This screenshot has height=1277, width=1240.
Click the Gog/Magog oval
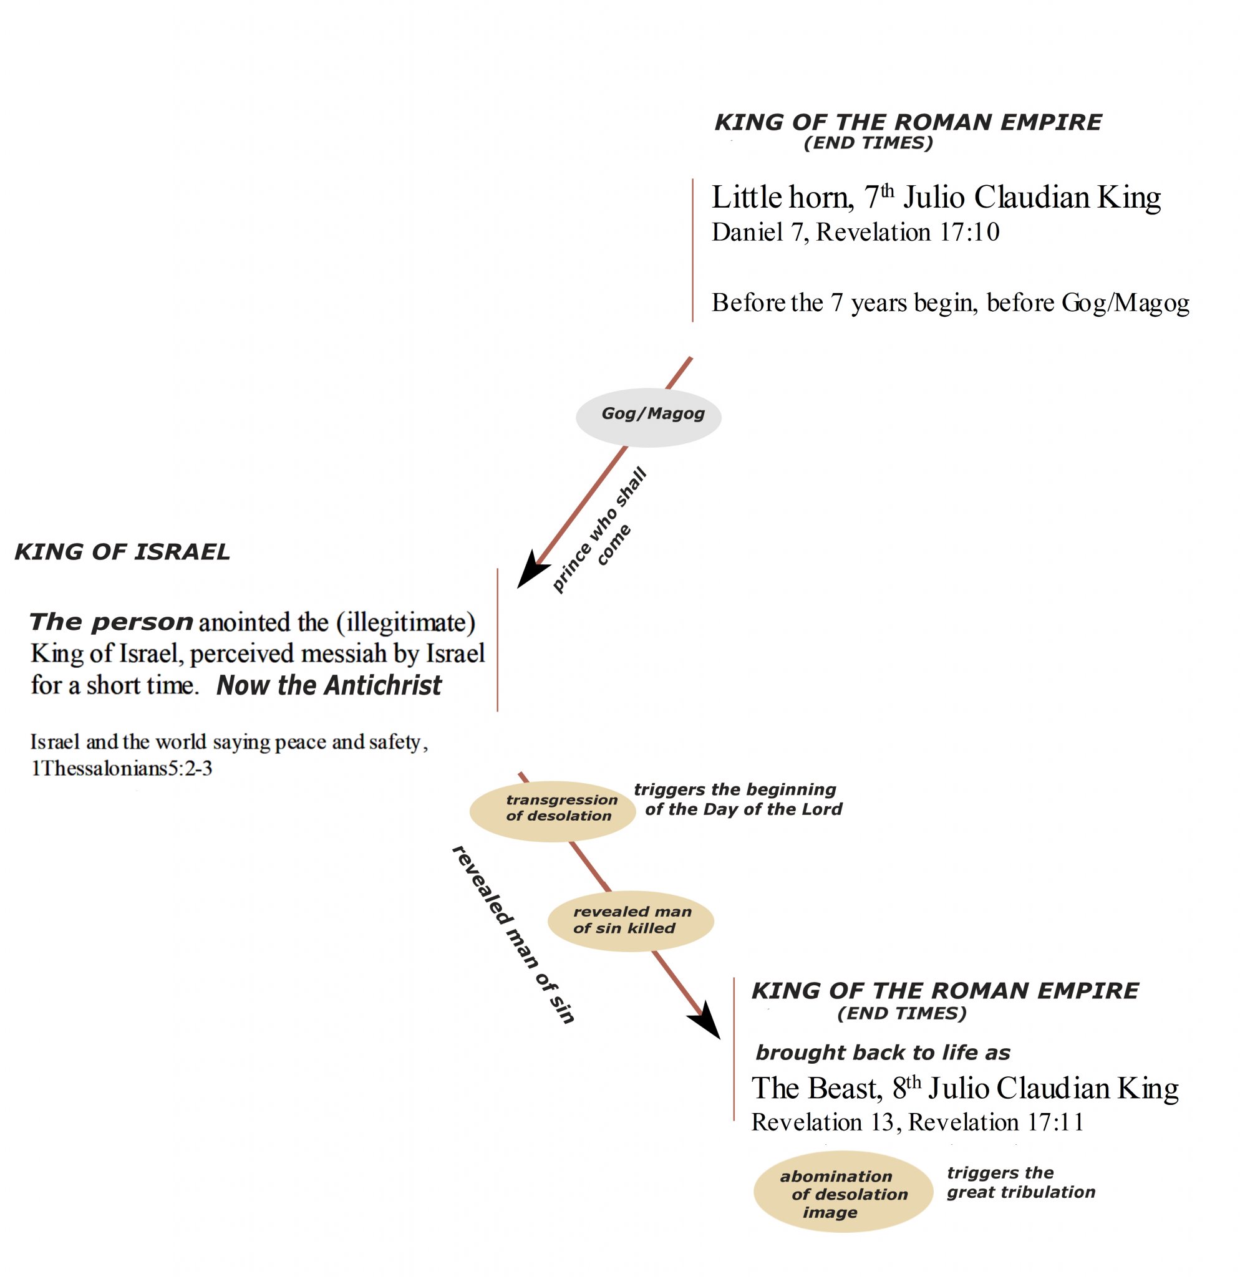tap(648, 417)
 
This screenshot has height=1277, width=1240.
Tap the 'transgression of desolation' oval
tap(553, 811)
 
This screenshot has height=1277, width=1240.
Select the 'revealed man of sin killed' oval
tap(630, 920)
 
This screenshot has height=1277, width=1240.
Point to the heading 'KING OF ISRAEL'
tap(122, 552)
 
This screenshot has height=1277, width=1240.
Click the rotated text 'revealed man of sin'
tap(513, 934)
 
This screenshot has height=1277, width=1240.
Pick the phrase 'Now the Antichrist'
tap(329, 685)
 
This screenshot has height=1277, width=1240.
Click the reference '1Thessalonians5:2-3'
tap(121, 769)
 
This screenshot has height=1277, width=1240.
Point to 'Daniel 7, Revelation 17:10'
tap(855, 233)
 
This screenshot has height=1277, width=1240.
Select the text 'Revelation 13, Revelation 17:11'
tap(917, 1122)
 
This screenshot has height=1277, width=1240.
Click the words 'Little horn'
tap(782, 198)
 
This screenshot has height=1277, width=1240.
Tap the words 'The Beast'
tap(816, 1088)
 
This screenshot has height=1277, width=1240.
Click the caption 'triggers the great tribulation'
tap(1020, 1182)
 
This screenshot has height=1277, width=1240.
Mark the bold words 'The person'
tap(112, 622)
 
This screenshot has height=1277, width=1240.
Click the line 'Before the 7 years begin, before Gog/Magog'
tap(950, 303)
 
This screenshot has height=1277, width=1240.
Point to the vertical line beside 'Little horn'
tap(692, 250)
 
